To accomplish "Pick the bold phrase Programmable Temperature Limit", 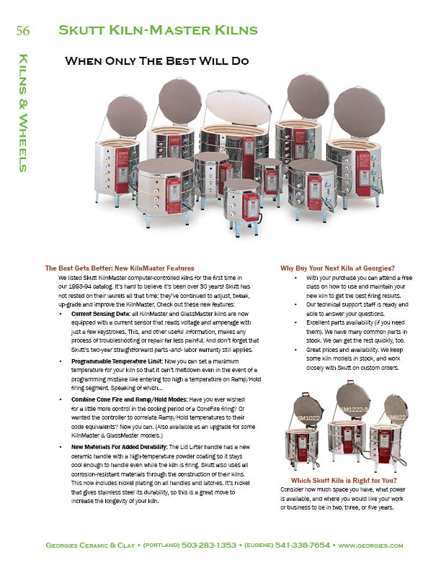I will (x=116, y=358).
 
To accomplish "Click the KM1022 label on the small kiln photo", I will (x=306, y=417).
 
